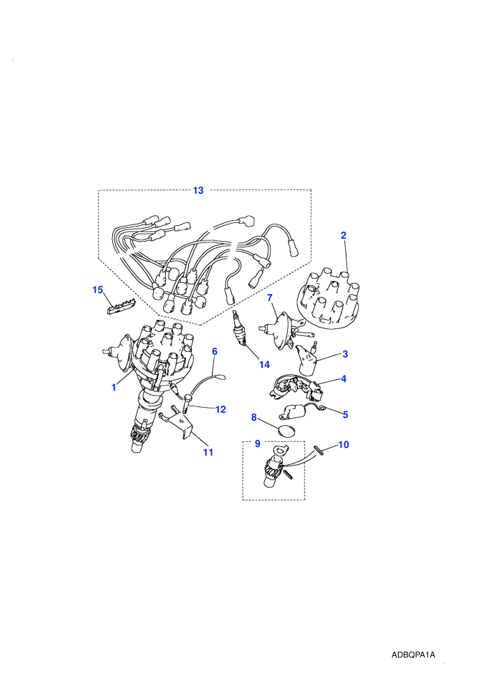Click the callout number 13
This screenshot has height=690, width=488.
click(199, 190)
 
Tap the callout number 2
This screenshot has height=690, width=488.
click(344, 236)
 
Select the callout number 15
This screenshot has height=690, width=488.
click(98, 290)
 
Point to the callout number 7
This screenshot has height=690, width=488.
click(270, 298)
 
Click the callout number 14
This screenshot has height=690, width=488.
click(264, 365)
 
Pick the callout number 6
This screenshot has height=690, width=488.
click(215, 351)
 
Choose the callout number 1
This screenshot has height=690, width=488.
click(114, 388)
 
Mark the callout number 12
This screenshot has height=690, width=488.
click(220, 410)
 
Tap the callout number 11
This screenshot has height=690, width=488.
click(208, 452)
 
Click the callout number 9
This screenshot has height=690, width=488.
click(258, 443)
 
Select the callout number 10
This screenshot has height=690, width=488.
click(344, 445)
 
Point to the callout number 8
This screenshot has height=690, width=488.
click(254, 417)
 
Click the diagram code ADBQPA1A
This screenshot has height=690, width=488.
click(413, 654)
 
